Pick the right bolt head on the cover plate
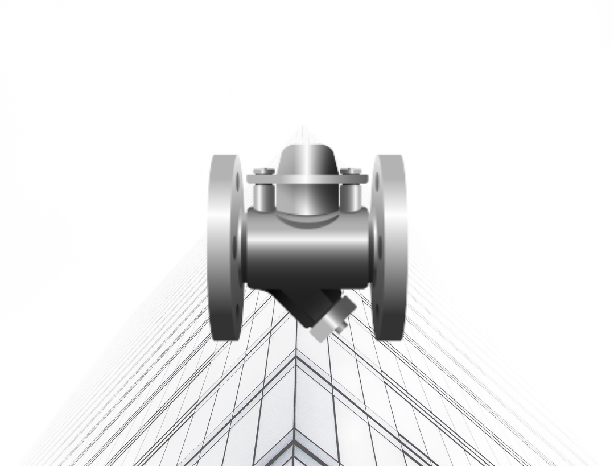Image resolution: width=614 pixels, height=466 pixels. [351, 171]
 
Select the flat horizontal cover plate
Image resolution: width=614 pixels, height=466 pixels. [307, 179]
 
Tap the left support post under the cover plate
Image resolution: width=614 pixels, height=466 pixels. [263, 196]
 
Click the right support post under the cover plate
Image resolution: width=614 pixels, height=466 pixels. [351, 196]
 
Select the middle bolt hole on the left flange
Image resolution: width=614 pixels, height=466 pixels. [235, 248]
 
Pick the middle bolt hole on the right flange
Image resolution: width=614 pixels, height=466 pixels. [380, 248]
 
